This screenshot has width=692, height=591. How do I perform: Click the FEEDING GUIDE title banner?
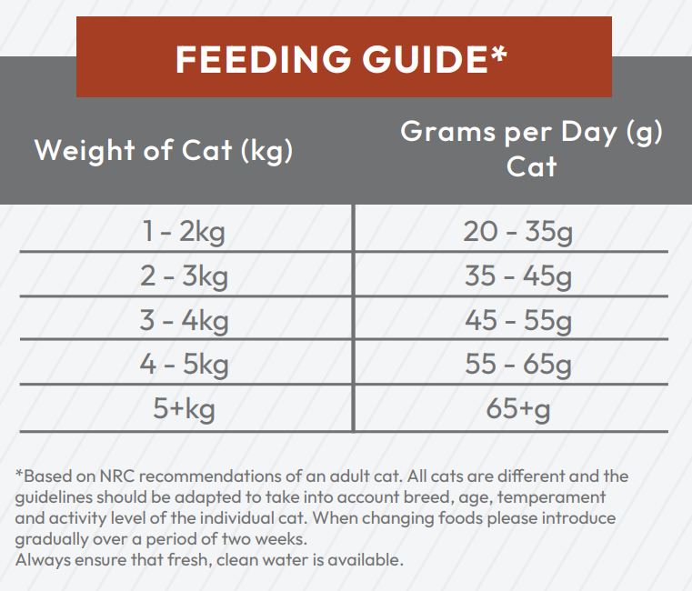click(342, 60)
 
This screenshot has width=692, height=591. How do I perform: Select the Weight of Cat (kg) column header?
click(164, 150)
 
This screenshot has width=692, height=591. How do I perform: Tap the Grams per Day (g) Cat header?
click(532, 148)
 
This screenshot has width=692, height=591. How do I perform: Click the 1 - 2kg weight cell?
click(183, 232)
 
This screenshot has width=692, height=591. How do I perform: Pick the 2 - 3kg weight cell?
click(183, 275)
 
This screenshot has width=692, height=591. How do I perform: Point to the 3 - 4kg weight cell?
click(183, 320)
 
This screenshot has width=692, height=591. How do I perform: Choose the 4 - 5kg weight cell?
click(183, 365)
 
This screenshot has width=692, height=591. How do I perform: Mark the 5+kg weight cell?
click(184, 409)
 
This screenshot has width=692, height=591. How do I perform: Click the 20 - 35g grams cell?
click(518, 232)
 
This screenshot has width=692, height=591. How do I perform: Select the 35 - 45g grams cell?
click(518, 275)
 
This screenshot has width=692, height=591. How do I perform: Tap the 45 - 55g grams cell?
click(518, 320)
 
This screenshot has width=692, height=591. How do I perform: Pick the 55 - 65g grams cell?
click(518, 365)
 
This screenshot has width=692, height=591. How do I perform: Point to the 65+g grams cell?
click(518, 409)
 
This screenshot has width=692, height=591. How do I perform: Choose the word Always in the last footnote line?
click(41, 560)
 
